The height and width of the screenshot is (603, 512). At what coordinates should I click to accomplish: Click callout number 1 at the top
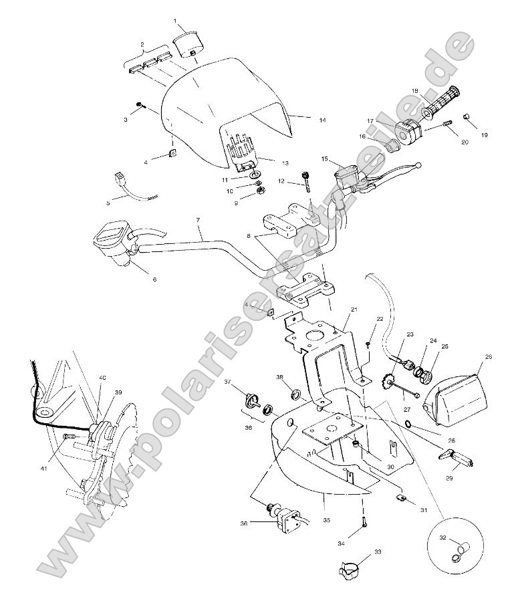[x=176, y=21]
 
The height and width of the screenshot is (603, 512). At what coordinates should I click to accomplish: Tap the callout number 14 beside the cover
[x=322, y=120]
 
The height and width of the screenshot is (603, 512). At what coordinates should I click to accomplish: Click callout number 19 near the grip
[x=485, y=135]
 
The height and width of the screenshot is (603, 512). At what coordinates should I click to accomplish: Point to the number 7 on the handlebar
[x=198, y=220]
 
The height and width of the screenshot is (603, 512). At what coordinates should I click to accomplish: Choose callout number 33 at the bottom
[x=378, y=553]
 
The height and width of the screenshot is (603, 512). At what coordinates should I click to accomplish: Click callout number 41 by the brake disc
[x=44, y=469]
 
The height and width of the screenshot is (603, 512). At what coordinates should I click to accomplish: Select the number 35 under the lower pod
[x=326, y=519]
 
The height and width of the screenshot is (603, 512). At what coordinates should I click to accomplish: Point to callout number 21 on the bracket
[x=354, y=310]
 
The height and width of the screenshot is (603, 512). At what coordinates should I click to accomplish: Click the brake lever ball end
[x=418, y=165]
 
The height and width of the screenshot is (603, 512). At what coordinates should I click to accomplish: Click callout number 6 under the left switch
[x=154, y=279]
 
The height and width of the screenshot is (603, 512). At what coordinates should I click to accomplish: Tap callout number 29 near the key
[x=450, y=479]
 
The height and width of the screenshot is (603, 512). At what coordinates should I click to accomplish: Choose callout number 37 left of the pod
[x=227, y=382]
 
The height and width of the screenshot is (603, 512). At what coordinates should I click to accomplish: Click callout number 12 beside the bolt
[x=281, y=181]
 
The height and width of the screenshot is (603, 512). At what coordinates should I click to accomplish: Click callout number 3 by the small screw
[x=126, y=119]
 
